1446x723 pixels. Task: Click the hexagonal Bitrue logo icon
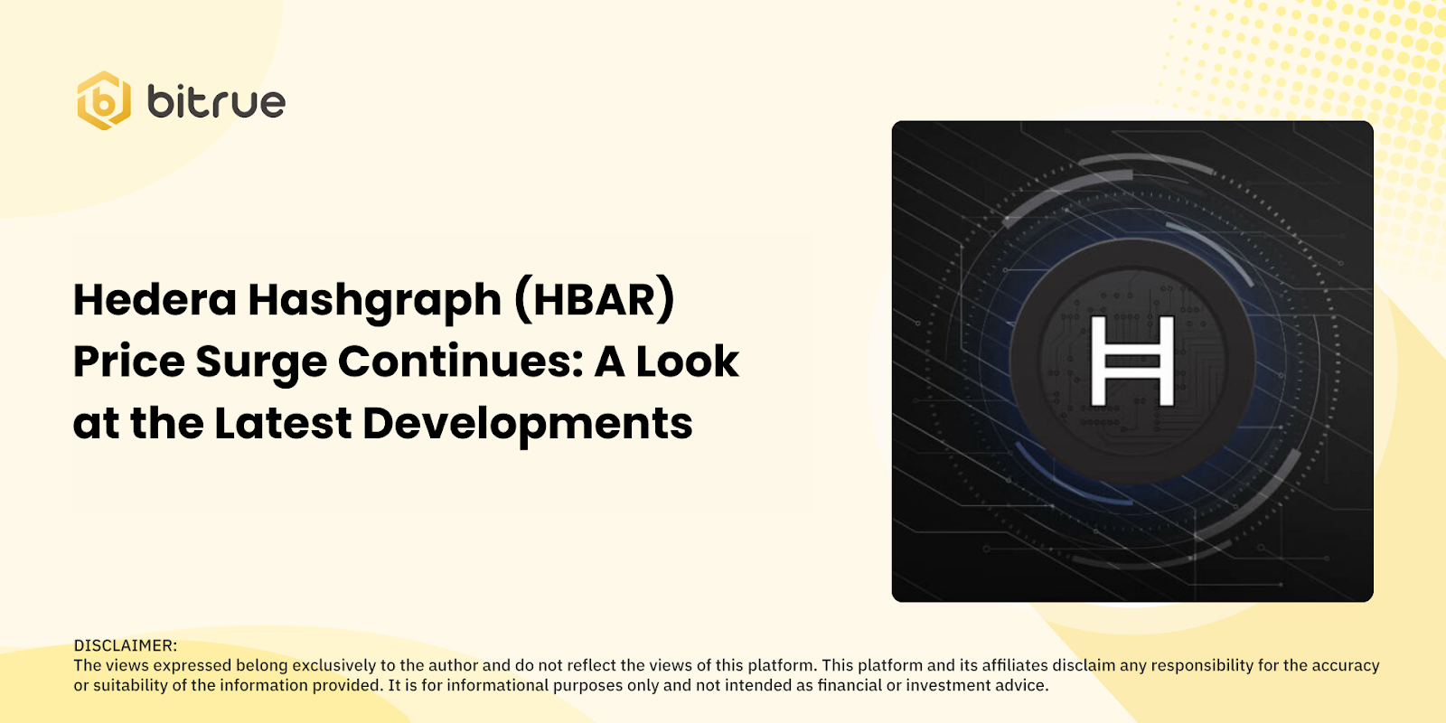tap(104, 100)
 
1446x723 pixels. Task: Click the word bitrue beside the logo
tap(216, 101)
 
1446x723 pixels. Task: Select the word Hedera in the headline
tap(155, 300)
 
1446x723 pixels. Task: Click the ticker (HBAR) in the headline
tap(595, 300)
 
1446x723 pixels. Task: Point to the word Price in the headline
tap(128, 361)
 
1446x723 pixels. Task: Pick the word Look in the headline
tap(687, 361)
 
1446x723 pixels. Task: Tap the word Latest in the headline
tap(283, 423)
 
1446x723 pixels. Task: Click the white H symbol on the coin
tap(1132, 361)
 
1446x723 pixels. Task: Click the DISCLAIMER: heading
tap(126, 645)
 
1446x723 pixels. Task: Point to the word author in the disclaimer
tap(453, 665)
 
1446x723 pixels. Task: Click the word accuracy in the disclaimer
tap(1344, 665)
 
